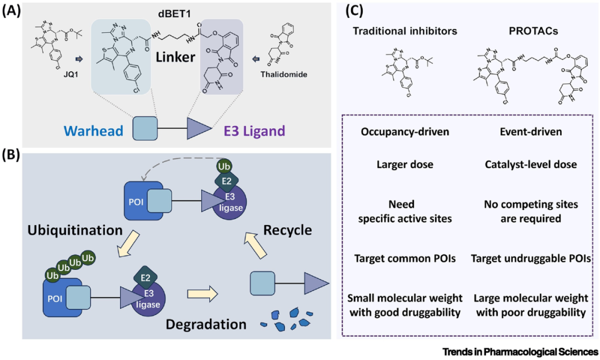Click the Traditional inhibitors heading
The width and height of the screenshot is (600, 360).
click(405, 31)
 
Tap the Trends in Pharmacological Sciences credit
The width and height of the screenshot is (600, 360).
click(521, 352)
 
